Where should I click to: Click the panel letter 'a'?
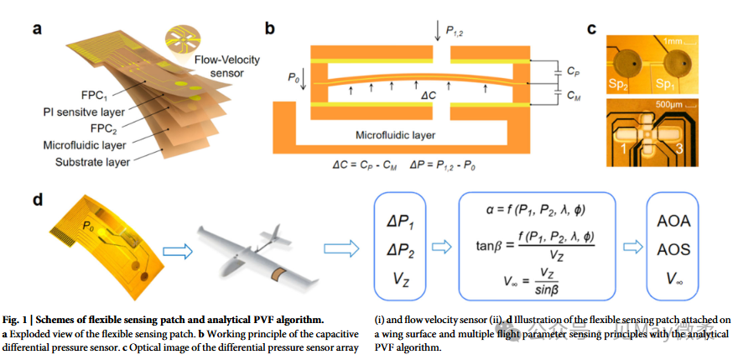click(x=38, y=28)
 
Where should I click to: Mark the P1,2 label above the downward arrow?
click(x=458, y=31)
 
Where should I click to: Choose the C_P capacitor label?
click(x=572, y=71)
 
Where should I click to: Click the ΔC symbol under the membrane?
click(x=429, y=94)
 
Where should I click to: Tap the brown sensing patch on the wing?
click(x=276, y=274)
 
